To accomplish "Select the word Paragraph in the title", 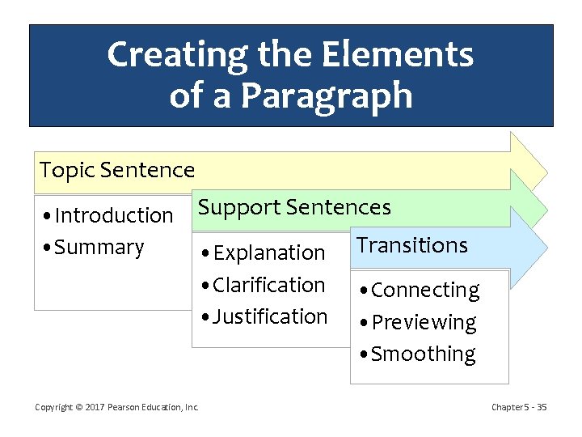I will click(327, 95).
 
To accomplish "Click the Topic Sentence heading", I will click(117, 170).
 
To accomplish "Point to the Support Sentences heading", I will click(295, 207).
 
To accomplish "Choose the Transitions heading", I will click(412, 245).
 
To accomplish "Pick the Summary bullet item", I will click(94, 247).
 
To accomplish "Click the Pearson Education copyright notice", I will click(116, 407).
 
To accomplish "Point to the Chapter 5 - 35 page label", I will click(519, 407).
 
